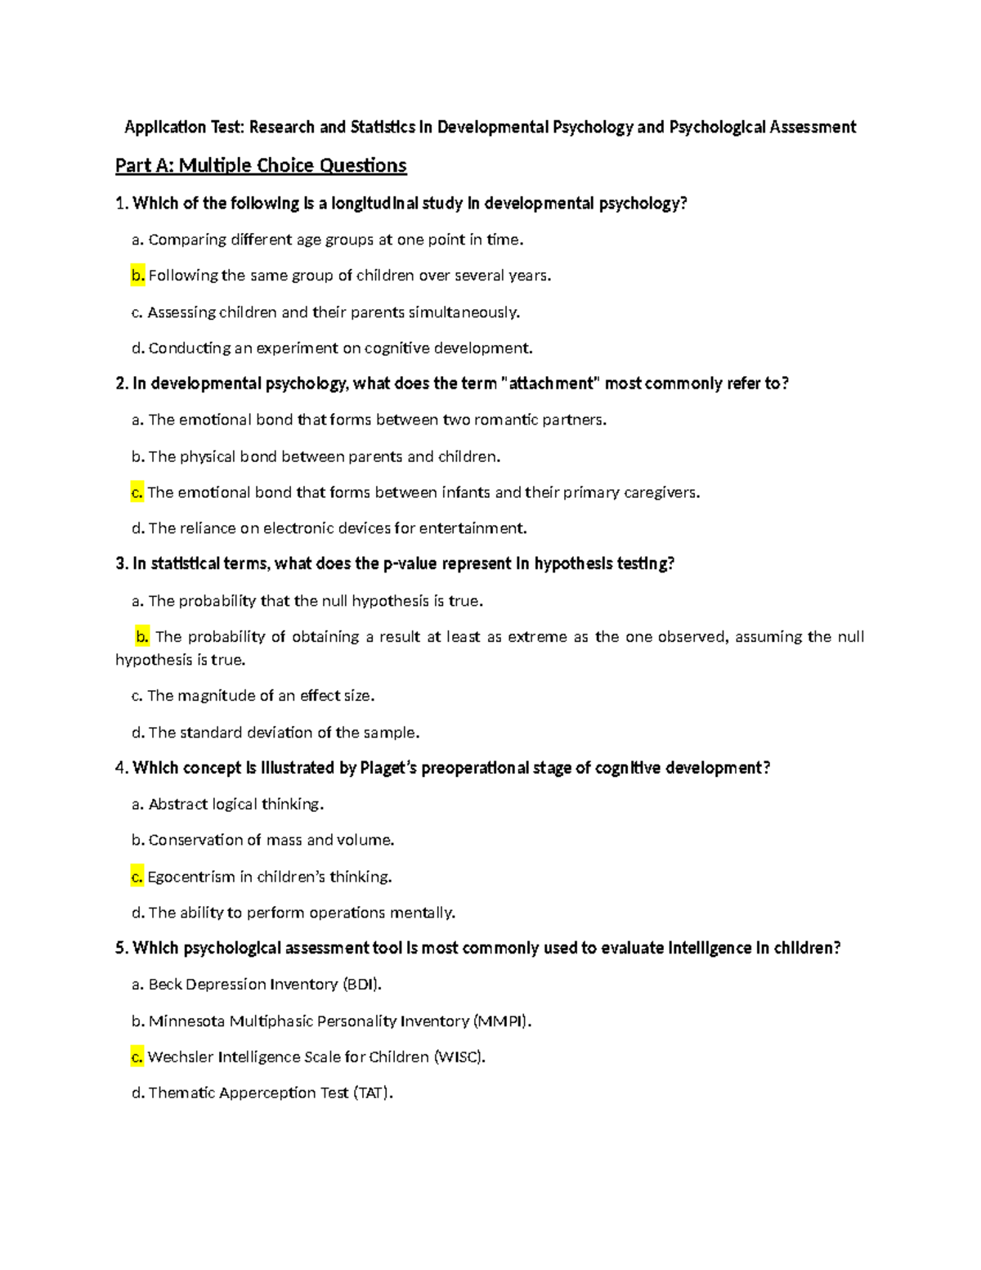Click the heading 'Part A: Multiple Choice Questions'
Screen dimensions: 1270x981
(x=261, y=166)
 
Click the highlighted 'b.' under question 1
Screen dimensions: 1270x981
(x=137, y=276)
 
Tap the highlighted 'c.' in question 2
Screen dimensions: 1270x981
(x=137, y=492)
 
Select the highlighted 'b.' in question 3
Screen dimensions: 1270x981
(x=142, y=636)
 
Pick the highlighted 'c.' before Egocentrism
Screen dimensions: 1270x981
(x=137, y=877)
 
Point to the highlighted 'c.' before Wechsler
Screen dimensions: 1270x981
(x=137, y=1057)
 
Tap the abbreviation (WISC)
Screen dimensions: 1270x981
(x=459, y=1057)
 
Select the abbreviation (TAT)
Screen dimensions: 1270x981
(x=373, y=1093)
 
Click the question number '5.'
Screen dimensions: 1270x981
(x=122, y=949)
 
